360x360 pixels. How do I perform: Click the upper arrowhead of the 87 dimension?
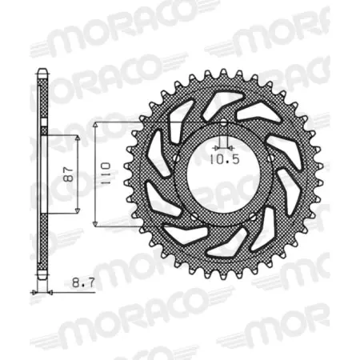pos(78,138)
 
